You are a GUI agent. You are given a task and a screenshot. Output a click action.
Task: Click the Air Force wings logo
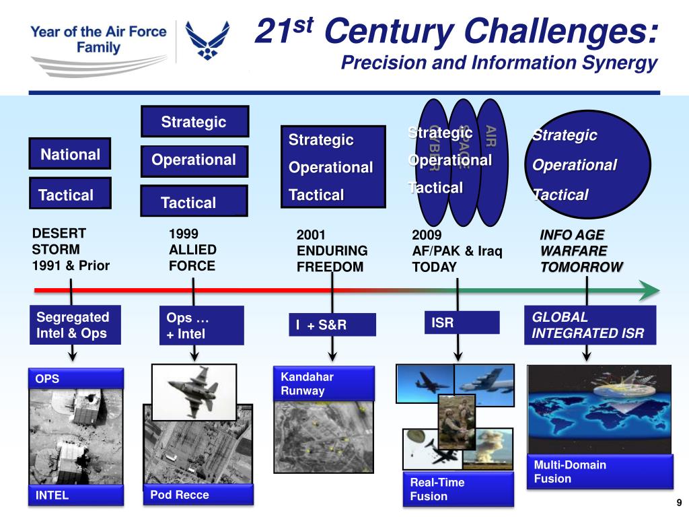[207, 40]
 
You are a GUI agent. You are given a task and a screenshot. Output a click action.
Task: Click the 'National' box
[70, 155]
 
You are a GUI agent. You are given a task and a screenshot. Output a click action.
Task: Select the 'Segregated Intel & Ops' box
[74, 325]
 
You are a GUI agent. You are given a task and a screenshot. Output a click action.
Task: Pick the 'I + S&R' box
[333, 325]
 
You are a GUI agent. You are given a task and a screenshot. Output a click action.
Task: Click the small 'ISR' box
[462, 323]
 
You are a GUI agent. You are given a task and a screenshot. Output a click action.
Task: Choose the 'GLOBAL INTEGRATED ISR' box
[589, 325]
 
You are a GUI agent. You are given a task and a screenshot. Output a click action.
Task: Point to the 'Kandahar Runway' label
[324, 384]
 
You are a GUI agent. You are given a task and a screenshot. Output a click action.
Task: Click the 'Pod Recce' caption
[198, 495]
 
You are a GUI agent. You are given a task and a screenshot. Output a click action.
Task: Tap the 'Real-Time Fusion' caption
[458, 489]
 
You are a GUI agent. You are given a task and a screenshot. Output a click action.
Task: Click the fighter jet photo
[194, 391]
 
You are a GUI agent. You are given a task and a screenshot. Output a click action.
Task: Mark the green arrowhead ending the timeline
[648, 291]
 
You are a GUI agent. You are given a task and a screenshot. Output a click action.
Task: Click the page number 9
[679, 503]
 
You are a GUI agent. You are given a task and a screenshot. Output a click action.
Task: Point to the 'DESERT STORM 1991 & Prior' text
[71, 250]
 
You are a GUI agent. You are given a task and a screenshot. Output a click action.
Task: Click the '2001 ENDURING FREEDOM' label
[332, 251]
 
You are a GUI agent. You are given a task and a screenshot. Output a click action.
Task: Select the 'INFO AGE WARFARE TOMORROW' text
[581, 251]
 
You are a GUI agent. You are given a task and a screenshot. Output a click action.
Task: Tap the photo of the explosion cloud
[488, 448]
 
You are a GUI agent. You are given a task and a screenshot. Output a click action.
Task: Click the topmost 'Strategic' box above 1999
[194, 121]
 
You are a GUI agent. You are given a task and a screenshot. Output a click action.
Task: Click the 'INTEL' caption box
[75, 496]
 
